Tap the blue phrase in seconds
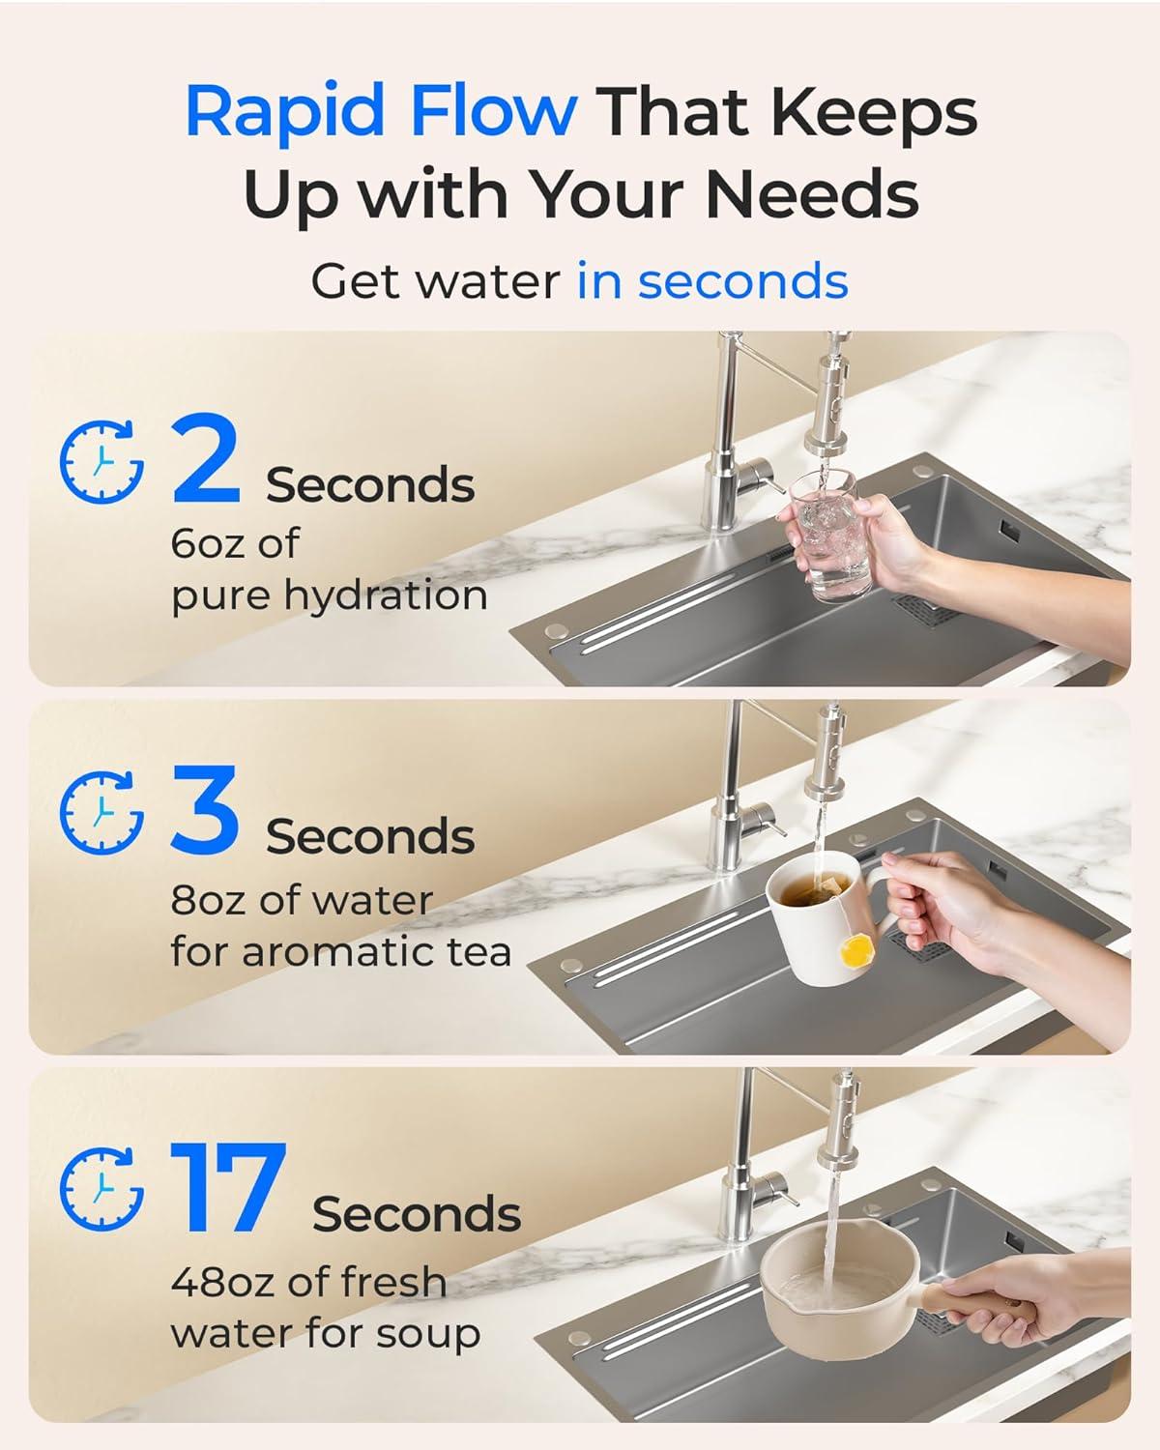click(x=712, y=281)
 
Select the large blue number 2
click(x=205, y=460)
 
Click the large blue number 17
click(x=228, y=1189)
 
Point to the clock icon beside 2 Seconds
click(x=101, y=461)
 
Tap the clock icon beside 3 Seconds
click(x=101, y=812)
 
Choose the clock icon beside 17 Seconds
click(x=101, y=1188)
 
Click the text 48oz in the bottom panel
click(x=221, y=1282)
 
